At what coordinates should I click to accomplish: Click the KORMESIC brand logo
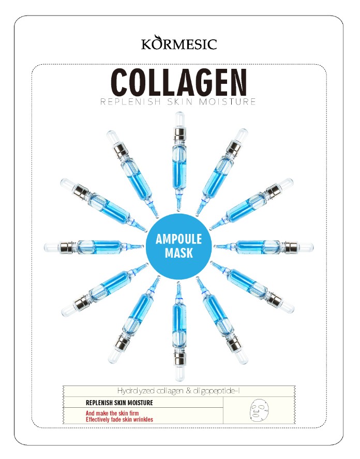(x=179, y=43)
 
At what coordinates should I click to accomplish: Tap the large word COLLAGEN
(x=179, y=83)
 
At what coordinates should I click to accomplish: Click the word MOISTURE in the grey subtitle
(x=228, y=101)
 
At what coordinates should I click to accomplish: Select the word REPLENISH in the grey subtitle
(x=130, y=101)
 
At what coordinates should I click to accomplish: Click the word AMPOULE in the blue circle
(x=179, y=239)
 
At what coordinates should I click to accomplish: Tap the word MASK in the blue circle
(x=179, y=253)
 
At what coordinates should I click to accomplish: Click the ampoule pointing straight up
(x=179, y=161)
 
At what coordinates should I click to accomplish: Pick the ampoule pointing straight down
(x=179, y=331)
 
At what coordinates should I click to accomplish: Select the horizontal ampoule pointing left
(x=94, y=247)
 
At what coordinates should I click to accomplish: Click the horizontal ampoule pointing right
(x=264, y=247)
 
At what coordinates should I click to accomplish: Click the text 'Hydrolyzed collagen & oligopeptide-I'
(x=178, y=391)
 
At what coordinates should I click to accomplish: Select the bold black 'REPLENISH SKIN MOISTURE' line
(x=119, y=403)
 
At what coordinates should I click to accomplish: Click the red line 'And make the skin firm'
(x=112, y=413)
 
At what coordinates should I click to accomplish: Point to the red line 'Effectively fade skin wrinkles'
(x=119, y=420)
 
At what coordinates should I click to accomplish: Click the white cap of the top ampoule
(x=179, y=120)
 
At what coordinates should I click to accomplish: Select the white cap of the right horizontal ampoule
(x=306, y=247)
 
